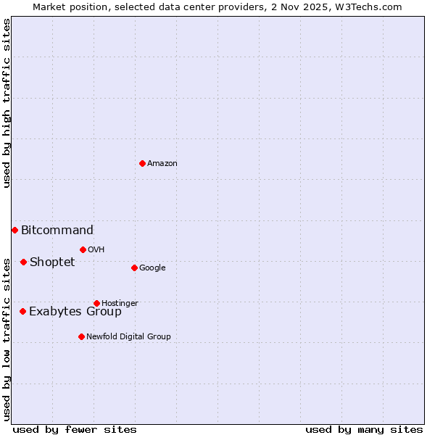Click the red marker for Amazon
pyautogui.click(x=142, y=163)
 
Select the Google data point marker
pyautogui.click(x=134, y=268)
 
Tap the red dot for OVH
pyautogui.click(x=83, y=249)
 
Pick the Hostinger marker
pyautogui.click(x=96, y=303)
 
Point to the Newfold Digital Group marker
pyautogui.click(x=81, y=336)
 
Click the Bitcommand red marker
pyautogui.click(x=14, y=230)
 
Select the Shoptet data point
pyautogui.click(x=23, y=262)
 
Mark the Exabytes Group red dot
pyautogui.click(x=22, y=311)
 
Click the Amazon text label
pyautogui.click(x=162, y=164)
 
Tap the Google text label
pyautogui.click(x=152, y=268)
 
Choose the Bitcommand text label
pyautogui.click(x=57, y=231)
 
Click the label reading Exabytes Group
pyautogui.click(x=75, y=312)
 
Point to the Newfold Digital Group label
pyautogui.click(x=128, y=337)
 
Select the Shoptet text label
pyautogui.click(x=52, y=262)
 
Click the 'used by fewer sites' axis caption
pyautogui.click(x=75, y=429)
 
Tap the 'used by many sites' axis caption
pyautogui.click(x=364, y=429)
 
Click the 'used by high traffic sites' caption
pyautogui.click(x=7, y=103)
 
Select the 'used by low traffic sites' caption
pyautogui.click(x=7, y=339)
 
